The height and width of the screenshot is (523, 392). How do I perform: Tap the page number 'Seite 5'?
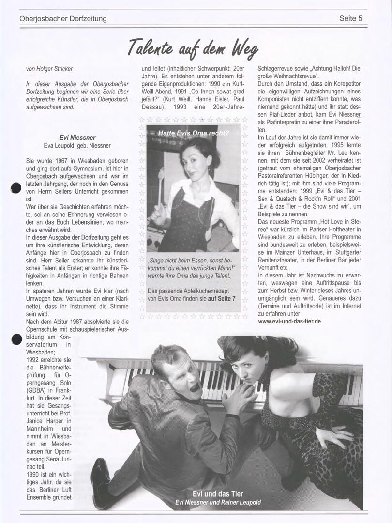point(351,19)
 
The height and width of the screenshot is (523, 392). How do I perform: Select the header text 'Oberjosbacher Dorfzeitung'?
point(63,19)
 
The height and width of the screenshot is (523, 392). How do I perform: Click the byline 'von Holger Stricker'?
point(49,69)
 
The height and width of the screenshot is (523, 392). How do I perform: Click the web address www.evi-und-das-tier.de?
point(289,321)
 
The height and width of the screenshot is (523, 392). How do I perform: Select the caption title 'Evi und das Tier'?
point(218,494)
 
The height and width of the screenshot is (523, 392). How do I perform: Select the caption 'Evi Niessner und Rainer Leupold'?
point(218,502)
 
